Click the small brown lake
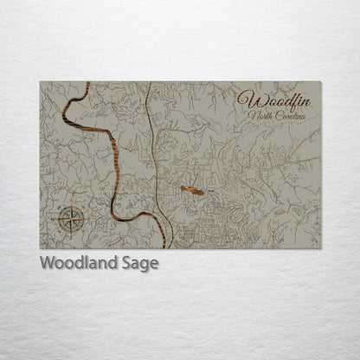pos(193,190)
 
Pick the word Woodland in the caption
pos(74,263)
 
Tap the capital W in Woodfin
pos(246,100)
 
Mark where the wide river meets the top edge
pos(87,83)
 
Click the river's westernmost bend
pos(65,112)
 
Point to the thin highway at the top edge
pos(149,83)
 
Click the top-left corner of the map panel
pos(40,82)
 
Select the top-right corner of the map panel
pos(321,82)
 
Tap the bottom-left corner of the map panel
pos(40,248)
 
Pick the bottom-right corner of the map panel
pos(321,248)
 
